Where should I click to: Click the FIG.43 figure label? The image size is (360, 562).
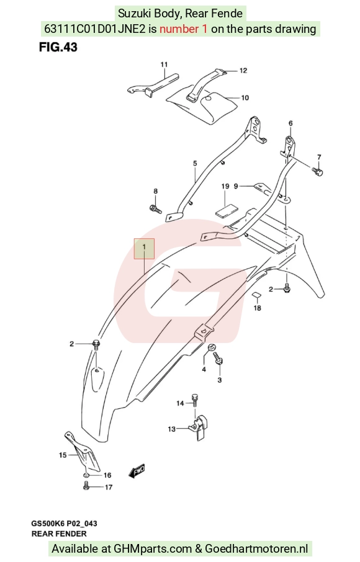pos(58,47)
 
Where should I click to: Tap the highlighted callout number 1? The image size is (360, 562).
pos(144,248)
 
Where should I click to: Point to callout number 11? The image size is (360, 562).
pos(164,65)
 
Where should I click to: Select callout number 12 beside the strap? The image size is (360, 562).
pos(243,71)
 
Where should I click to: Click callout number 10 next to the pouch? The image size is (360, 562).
pos(245,97)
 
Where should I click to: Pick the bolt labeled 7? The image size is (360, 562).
pos(317,171)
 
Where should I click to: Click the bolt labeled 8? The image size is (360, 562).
pos(155,208)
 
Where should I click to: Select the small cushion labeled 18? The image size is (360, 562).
pos(257,295)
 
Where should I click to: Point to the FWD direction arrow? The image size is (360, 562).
pos(137,471)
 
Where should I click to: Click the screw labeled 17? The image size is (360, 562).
pos(86,486)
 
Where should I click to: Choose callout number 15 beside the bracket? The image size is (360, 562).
pos(63,455)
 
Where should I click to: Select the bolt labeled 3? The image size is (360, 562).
pos(218,359)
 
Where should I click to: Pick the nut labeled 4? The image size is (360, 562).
pos(211,347)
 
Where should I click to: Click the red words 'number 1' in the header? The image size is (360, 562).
pos(183,29)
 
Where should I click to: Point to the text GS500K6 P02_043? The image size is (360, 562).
pos(64,524)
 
